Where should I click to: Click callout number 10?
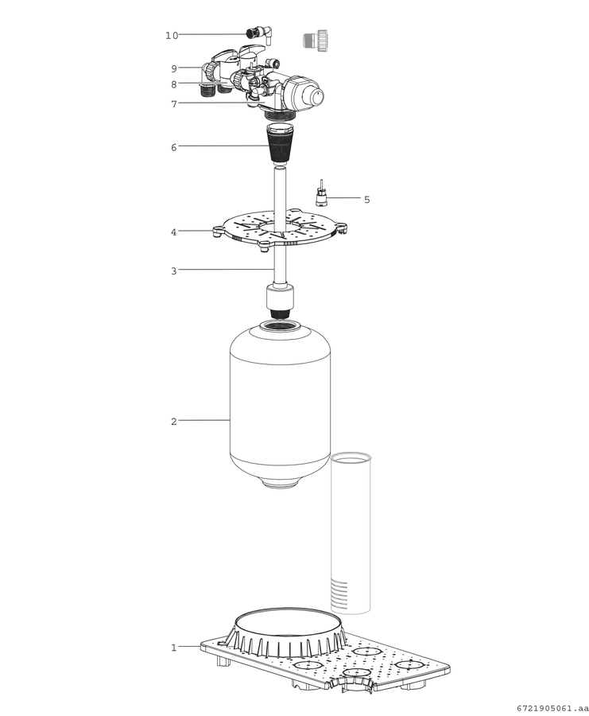click(x=172, y=36)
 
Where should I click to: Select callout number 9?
click(x=174, y=69)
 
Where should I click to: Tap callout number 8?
click(x=174, y=84)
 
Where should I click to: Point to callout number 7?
click(x=174, y=104)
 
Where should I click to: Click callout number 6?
click(x=174, y=147)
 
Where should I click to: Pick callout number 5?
click(x=366, y=200)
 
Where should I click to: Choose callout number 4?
click(x=174, y=232)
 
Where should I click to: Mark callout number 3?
click(x=174, y=271)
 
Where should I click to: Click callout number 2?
click(x=174, y=422)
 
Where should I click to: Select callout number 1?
click(x=174, y=648)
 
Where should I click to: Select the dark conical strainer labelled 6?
click(x=279, y=144)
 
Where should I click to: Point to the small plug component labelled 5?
click(x=322, y=193)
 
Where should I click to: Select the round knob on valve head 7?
click(x=316, y=96)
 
